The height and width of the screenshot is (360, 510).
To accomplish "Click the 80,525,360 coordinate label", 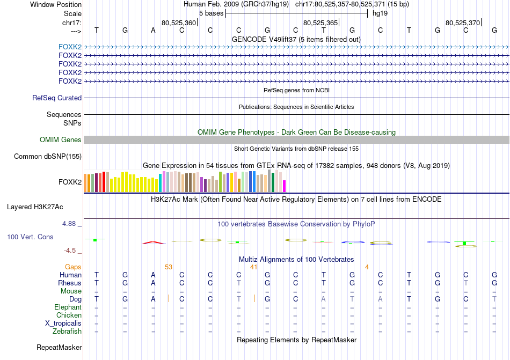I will pos(179,23).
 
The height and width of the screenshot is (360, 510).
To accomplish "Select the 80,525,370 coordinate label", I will pos(463,23).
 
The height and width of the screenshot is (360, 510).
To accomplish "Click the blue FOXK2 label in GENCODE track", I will pos(70,47).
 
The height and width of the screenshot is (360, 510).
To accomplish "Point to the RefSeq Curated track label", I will pos(57,98).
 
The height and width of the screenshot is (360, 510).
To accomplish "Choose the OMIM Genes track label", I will pos(61,139).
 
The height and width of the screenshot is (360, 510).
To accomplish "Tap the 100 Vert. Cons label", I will pos(30,237).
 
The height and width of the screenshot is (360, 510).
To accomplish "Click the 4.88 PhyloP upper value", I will pos(70,223).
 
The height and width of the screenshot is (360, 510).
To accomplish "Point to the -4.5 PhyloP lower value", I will pos(72,250).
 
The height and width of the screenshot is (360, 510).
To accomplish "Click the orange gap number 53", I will pos(169,267).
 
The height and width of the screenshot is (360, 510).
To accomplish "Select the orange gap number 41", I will pos(254,267).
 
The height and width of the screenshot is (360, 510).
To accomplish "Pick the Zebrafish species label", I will pos(67,332).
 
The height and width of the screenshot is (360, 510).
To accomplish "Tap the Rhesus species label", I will pos(70,283).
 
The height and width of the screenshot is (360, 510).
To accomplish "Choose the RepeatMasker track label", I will pos(59,348).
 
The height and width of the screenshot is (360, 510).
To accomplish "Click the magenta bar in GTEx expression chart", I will pos(285,186).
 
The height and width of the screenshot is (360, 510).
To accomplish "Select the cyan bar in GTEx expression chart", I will pos(161,183).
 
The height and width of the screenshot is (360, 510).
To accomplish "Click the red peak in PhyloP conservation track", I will pos(154,242).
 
